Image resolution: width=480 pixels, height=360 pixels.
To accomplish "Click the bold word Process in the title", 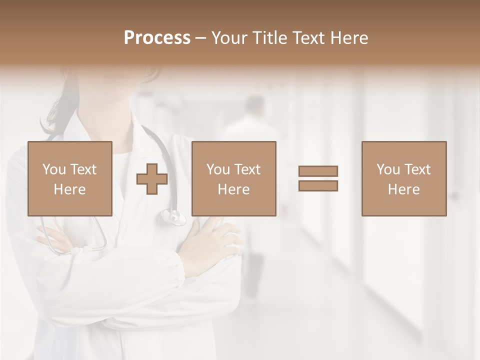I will click(157, 38).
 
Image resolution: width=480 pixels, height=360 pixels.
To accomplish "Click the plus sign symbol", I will click(152, 179).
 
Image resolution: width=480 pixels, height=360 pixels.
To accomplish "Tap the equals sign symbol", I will click(318, 178).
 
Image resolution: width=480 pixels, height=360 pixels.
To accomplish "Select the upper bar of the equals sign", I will click(318, 171).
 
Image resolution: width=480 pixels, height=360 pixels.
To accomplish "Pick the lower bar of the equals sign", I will click(318, 185).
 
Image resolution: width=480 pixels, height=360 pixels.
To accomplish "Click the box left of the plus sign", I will click(69, 178).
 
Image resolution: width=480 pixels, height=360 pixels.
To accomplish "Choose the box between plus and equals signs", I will click(233, 178).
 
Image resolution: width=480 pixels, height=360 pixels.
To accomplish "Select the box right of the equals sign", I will click(403, 178).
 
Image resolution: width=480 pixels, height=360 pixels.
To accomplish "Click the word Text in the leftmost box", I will click(83, 169).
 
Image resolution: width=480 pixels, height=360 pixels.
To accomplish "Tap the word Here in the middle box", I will click(233, 189).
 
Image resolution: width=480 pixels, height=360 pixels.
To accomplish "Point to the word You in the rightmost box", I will click(388, 169).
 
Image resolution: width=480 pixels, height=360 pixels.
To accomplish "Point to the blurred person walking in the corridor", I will click(252, 150).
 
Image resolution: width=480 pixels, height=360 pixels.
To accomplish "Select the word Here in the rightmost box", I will click(403, 189).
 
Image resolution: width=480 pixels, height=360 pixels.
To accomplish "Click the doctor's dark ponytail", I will click(60, 110).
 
